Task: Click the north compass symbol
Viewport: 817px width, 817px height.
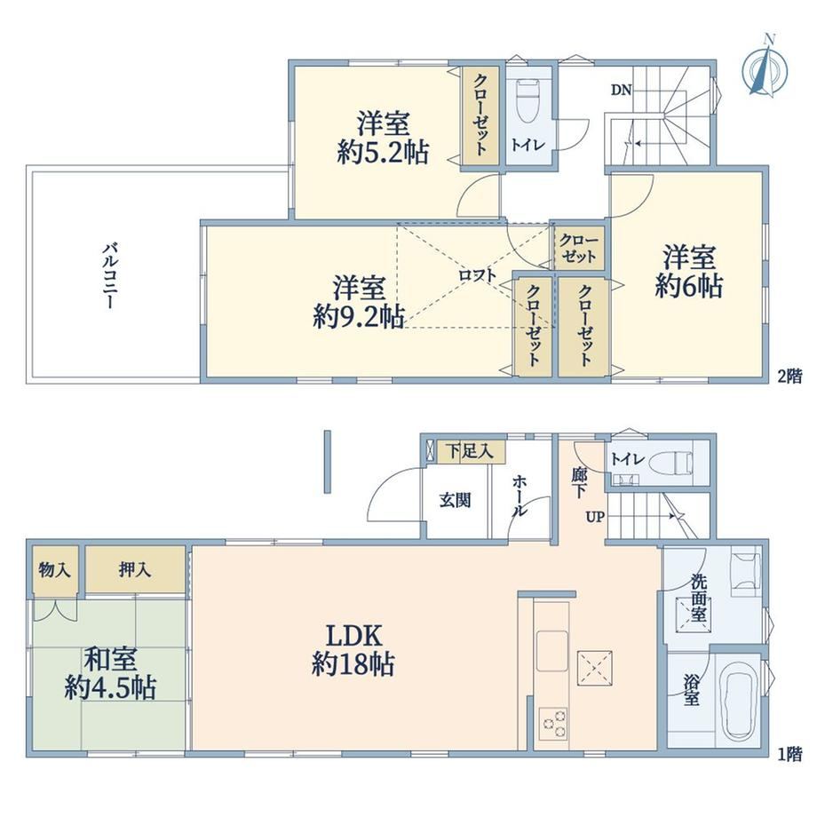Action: (765, 66)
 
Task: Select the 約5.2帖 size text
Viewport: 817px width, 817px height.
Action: (383, 154)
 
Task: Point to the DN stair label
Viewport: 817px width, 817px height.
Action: (621, 91)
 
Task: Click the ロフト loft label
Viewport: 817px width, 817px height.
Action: (477, 274)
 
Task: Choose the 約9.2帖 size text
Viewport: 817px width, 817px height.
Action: (359, 316)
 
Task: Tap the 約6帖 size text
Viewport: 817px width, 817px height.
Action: (689, 286)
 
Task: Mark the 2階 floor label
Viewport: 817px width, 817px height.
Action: (789, 376)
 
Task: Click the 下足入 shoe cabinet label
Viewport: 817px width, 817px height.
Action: (470, 451)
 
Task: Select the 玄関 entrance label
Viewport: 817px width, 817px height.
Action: (455, 500)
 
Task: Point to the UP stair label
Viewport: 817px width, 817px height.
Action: (595, 517)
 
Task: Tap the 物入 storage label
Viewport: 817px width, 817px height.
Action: (54, 570)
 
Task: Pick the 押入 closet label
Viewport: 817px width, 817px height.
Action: (134, 570)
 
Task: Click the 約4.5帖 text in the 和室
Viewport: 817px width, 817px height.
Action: (110, 687)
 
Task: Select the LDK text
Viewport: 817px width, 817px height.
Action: (354, 636)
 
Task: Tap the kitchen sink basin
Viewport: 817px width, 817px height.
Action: (552, 650)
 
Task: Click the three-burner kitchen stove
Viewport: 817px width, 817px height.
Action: (553, 722)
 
